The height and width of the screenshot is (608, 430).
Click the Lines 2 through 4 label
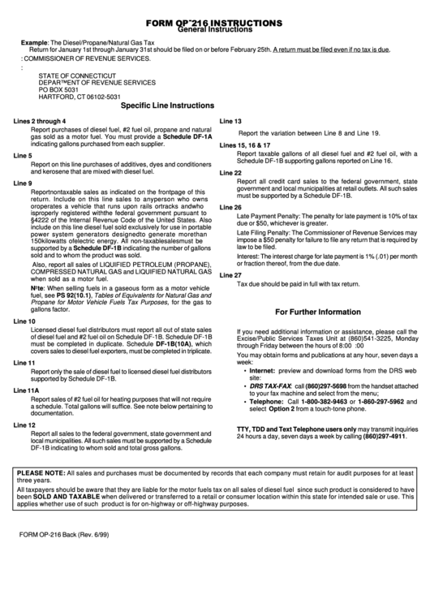(x=40, y=121)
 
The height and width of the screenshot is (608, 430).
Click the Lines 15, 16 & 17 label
(x=251, y=143)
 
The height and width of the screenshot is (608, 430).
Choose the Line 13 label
(x=231, y=121)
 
